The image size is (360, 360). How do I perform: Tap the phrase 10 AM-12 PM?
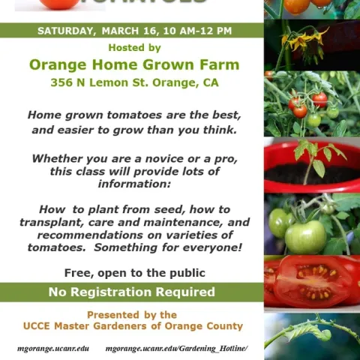[x=196, y=31]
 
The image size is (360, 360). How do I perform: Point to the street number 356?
[x=61, y=82]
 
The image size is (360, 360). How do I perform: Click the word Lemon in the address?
[x=114, y=82]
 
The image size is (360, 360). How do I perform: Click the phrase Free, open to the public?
[x=134, y=272]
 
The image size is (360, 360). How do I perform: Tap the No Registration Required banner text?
[x=132, y=292]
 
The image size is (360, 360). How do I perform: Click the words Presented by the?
[x=132, y=315]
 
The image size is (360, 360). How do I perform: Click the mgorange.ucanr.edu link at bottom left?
[x=53, y=349]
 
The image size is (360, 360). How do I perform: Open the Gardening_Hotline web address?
[x=176, y=349]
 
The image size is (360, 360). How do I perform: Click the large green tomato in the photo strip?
[x=306, y=236]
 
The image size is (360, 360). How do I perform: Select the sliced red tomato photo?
[x=312, y=281]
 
